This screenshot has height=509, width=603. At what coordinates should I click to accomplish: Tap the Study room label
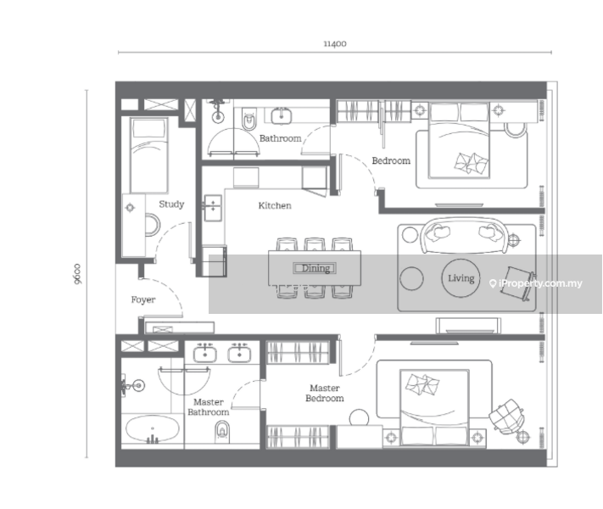pyautogui.click(x=171, y=204)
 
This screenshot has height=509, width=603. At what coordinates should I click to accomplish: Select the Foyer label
pyautogui.click(x=142, y=299)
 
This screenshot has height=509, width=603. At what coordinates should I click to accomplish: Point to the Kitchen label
pyautogui.click(x=275, y=205)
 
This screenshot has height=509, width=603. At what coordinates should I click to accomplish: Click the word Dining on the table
pyautogui.click(x=314, y=268)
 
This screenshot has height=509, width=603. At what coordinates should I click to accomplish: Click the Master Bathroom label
pyautogui.click(x=209, y=407)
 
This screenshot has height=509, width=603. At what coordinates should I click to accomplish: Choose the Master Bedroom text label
pyautogui.click(x=325, y=393)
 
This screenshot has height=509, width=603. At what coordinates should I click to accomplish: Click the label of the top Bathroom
pyautogui.click(x=280, y=138)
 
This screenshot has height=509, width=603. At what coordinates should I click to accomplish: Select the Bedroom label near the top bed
pyautogui.click(x=391, y=160)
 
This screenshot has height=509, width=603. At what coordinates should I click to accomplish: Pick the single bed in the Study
pyautogui.click(x=148, y=155)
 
